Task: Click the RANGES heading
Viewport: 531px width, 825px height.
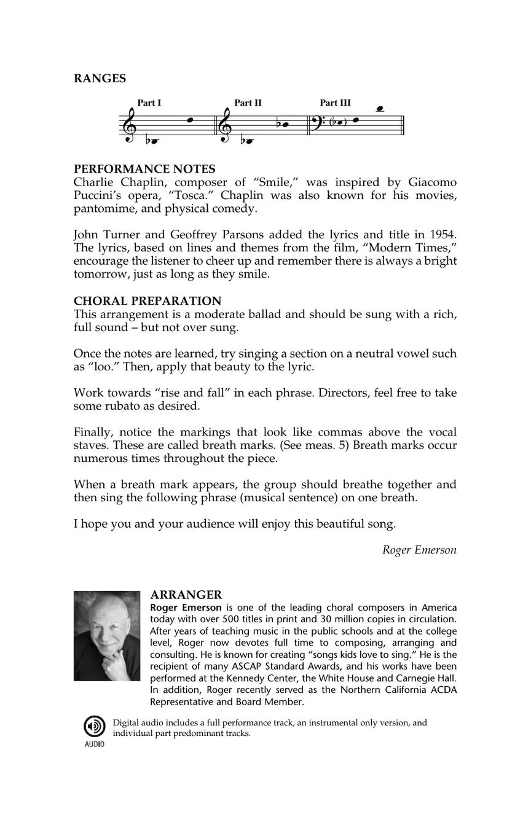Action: coord(100,79)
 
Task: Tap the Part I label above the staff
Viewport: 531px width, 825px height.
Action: coord(149,103)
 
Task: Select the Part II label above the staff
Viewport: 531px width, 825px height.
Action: coord(248,103)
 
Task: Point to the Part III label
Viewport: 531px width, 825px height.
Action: coord(335,103)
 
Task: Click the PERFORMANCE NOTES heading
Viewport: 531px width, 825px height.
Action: coord(144,169)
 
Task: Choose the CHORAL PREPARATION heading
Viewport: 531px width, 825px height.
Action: coord(147,301)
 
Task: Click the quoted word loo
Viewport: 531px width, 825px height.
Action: coord(99,367)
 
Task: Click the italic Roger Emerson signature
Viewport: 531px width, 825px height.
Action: coord(419,550)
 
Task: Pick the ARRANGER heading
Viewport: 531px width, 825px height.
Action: coord(186,595)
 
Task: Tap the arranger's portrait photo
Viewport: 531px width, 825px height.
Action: coord(107,636)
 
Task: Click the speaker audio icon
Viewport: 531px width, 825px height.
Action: coord(94,727)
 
